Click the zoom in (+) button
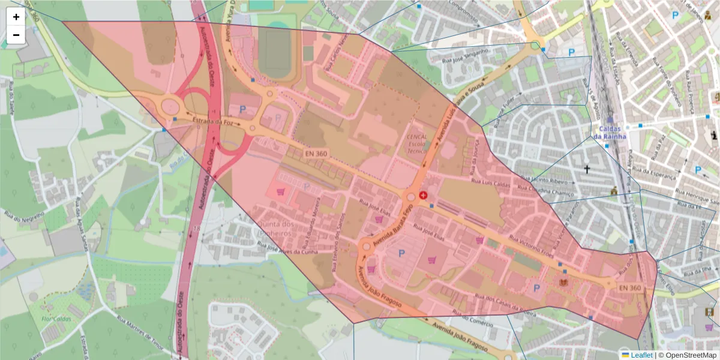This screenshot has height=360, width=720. (x=16, y=17)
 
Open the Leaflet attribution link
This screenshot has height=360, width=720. (x=641, y=355)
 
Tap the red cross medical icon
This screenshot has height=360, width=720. (x=423, y=196)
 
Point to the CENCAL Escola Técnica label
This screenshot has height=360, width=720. (x=417, y=144)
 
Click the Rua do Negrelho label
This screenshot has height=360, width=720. (x=24, y=223)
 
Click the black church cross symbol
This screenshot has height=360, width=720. (x=587, y=170)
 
